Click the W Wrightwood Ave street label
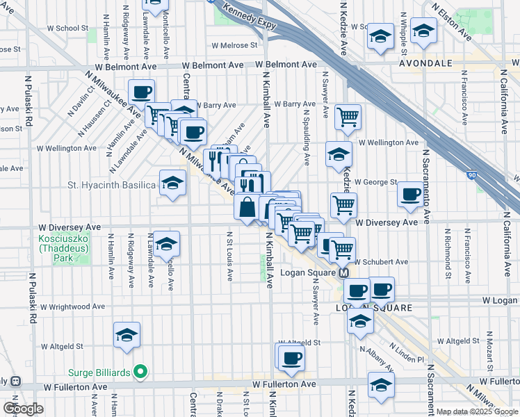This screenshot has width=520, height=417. click(x=73, y=306)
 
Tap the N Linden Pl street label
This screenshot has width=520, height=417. click(x=405, y=354)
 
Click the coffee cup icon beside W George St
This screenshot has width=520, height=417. click(x=411, y=194)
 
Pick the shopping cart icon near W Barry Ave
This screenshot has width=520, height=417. click(x=348, y=117)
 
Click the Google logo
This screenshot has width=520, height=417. click(x=23, y=409)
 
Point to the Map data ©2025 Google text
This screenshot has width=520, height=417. click(x=477, y=411)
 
